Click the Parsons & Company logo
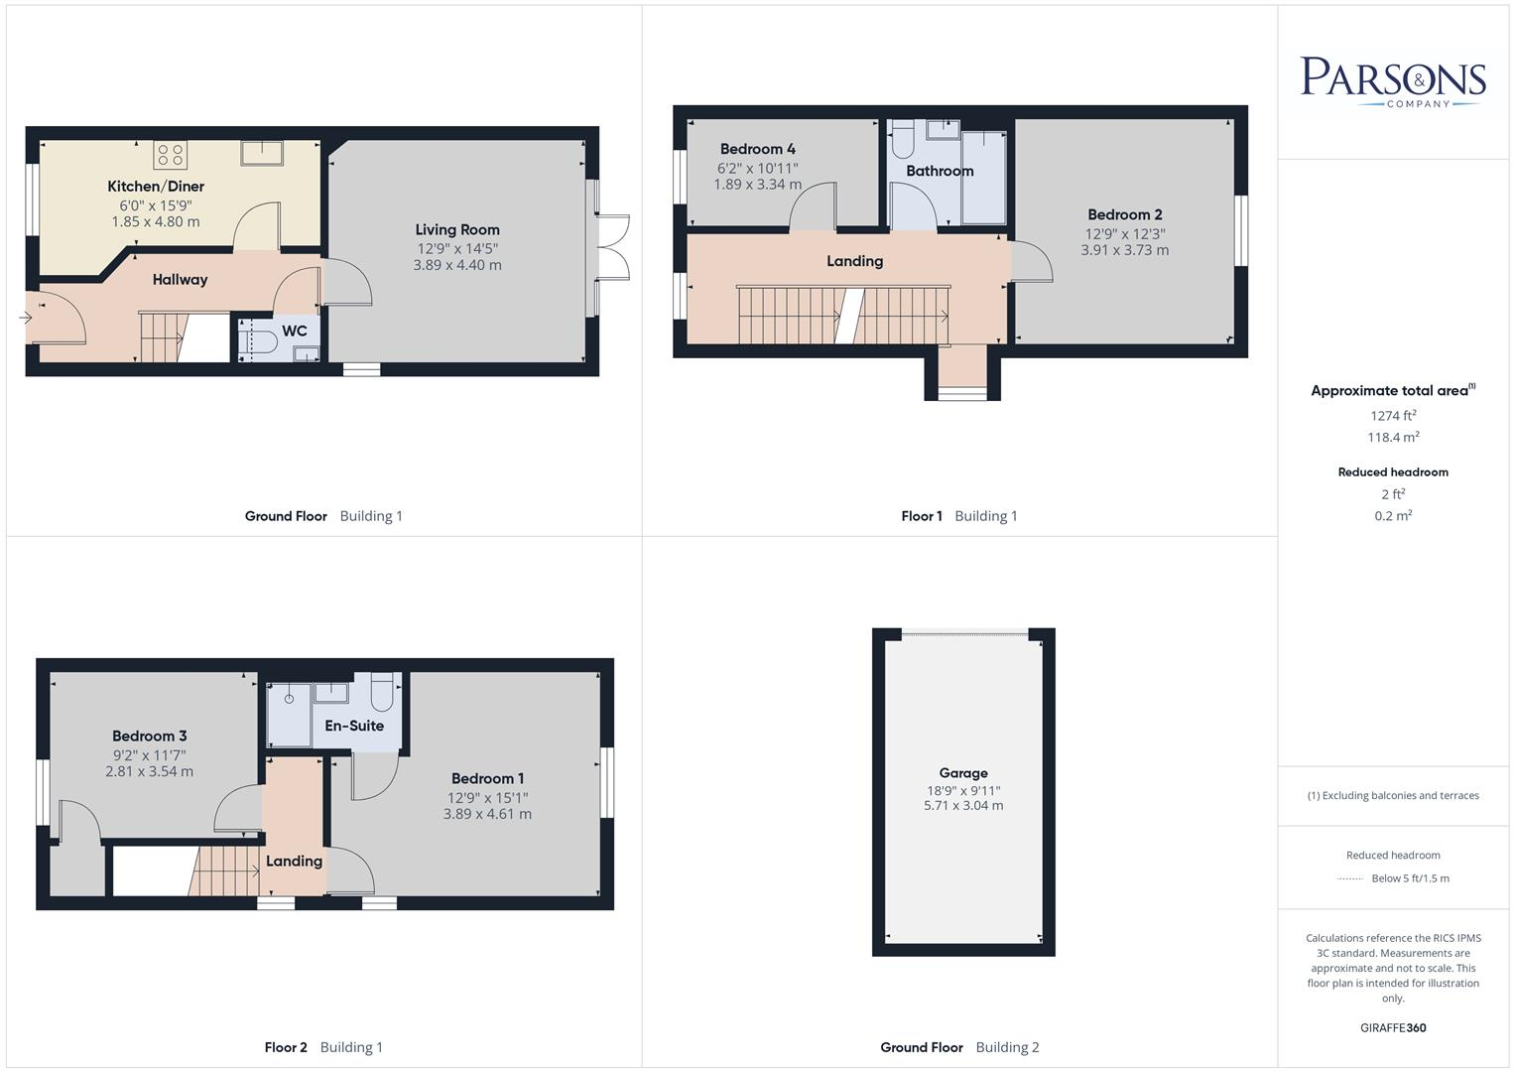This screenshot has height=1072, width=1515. pos(1392,80)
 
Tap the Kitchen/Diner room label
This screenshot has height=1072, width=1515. pos(156,187)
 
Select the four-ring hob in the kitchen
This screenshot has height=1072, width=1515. pos(171,155)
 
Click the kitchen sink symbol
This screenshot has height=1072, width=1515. pos(261,152)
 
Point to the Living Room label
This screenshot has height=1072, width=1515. pos(457,230)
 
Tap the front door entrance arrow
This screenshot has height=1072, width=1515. pos(25,318)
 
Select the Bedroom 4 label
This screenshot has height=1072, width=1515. pos(757,150)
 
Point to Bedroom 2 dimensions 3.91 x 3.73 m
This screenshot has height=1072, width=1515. pos(1124,250)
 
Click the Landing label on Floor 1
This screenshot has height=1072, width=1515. pos(854,261)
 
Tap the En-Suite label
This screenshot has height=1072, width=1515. pos(354,726)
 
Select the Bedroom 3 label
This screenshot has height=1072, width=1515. pos(149,737)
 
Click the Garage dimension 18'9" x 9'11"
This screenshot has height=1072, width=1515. pos(962,791)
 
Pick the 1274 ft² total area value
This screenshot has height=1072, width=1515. pos(1393,416)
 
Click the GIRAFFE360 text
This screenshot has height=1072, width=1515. pos(1393,1027)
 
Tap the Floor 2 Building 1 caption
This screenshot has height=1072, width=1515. pos(323,1047)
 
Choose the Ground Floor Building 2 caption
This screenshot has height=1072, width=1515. pos(959,1047)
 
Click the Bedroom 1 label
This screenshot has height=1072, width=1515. pos(487,779)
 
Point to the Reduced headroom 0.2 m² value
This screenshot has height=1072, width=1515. pos(1393,515)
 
